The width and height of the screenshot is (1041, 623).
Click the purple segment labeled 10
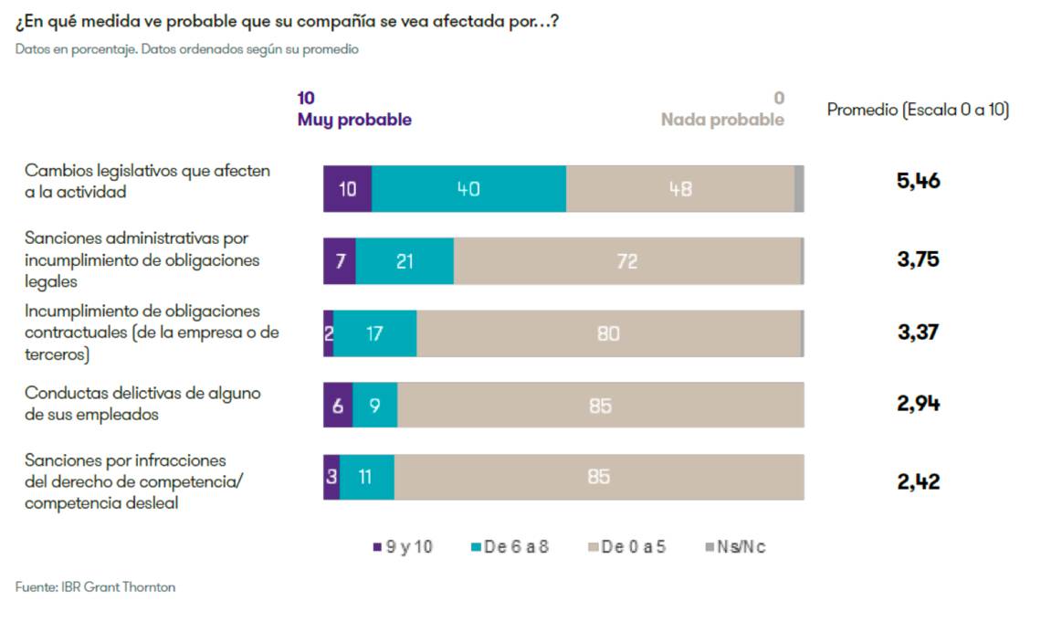(x=347, y=189)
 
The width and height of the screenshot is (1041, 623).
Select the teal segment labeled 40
(x=468, y=189)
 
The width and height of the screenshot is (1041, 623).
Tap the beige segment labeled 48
(x=680, y=189)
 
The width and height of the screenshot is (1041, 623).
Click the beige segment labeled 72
(x=626, y=261)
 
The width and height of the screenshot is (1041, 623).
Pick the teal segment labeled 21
(x=405, y=261)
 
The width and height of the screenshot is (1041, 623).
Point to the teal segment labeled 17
(x=374, y=333)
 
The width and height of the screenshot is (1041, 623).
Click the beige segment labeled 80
(x=608, y=333)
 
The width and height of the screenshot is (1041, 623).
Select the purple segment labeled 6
(x=338, y=406)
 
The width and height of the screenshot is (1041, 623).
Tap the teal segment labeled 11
(x=366, y=477)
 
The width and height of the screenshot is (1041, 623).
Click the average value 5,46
(x=918, y=181)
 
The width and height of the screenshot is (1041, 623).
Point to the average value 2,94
(x=918, y=404)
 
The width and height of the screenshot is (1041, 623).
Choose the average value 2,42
(x=918, y=481)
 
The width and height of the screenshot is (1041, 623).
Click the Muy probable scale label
(x=354, y=120)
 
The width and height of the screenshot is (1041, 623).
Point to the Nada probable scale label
(x=721, y=120)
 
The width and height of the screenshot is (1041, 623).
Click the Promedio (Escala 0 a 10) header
(x=918, y=110)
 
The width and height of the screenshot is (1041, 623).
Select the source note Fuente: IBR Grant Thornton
(x=95, y=587)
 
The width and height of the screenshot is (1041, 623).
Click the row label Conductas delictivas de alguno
(x=142, y=393)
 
